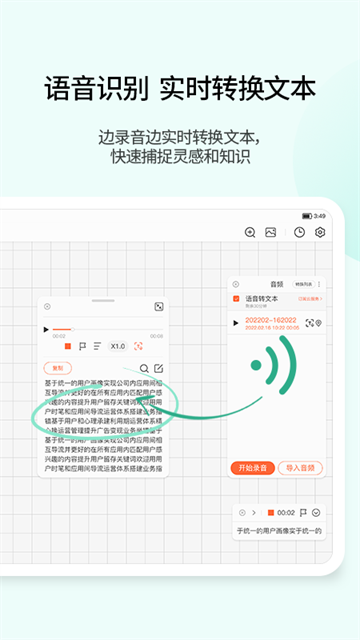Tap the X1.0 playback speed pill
tap(117, 346)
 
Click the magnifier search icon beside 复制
tap(144, 368)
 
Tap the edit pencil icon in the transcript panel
tap(158, 368)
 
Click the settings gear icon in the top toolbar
tap(321, 232)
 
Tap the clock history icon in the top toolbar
tap(300, 232)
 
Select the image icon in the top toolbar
tap(270, 232)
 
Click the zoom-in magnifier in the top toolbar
tap(250, 232)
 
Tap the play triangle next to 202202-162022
tap(237, 323)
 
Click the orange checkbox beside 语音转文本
tap(237, 298)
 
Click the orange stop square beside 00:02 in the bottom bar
tap(270, 512)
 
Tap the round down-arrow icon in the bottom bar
tap(317, 512)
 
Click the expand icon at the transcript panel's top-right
tap(158, 307)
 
